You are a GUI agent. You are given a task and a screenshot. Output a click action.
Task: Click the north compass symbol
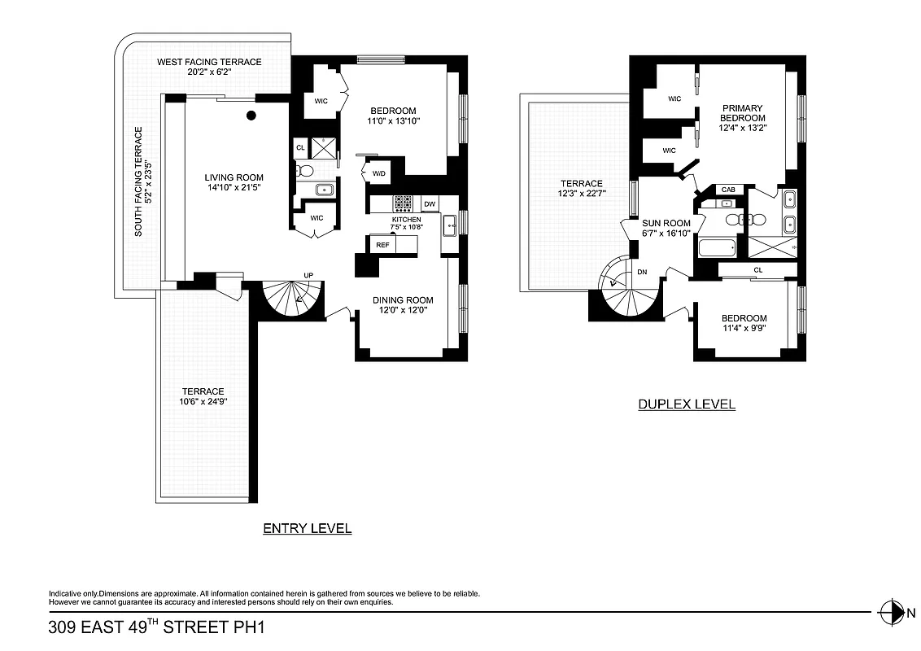click(x=892, y=612)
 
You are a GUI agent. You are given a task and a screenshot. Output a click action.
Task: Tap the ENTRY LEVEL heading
click(x=308, y=529)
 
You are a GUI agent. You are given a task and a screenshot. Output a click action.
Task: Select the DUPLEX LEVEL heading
click(x=686, y=404)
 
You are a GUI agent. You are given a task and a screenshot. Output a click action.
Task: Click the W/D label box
click(x=379, y=173)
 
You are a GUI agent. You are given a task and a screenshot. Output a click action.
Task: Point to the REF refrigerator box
click(x=382, y=243)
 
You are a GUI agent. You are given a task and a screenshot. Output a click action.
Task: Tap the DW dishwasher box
click(x=430, y=204)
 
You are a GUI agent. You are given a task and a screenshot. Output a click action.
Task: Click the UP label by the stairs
click(x=309, y=275)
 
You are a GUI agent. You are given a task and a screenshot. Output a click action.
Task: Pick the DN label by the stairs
click(x=642, y=272)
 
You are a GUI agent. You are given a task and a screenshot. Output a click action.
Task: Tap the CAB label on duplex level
click(x=727, y=190)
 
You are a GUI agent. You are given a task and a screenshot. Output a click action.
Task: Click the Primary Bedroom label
click(x=742, y=113)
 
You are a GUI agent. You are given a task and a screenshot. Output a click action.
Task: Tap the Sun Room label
click(x=666, y=223)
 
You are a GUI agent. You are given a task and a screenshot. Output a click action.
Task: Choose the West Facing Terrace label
click(x=209, y=63)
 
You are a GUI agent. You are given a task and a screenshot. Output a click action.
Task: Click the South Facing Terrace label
click(x=138, y=181)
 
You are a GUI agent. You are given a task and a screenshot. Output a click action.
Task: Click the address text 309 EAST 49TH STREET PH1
click(x=157, y=627)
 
